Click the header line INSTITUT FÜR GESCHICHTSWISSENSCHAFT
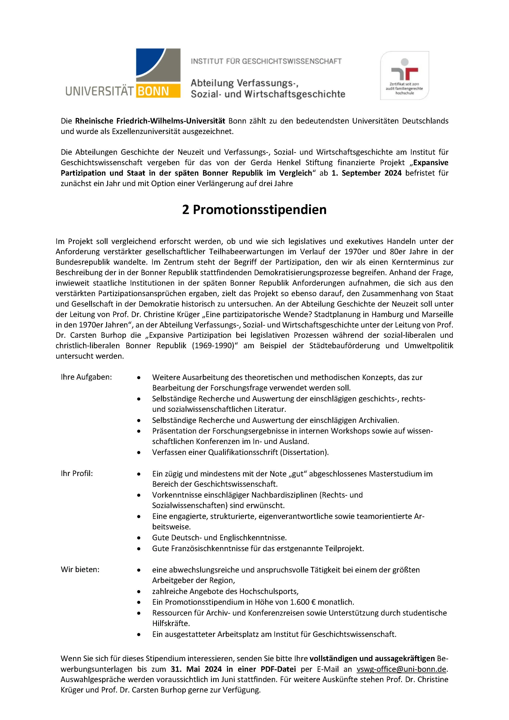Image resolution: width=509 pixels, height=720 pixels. tap(266, 61)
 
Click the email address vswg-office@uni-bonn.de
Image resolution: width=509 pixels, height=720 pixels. tap(401, 669)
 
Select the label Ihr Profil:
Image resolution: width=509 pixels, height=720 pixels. tap(77, 474)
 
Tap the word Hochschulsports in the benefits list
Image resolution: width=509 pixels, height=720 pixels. tap(268, 591)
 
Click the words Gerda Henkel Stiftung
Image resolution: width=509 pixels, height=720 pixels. tap(291, 163)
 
